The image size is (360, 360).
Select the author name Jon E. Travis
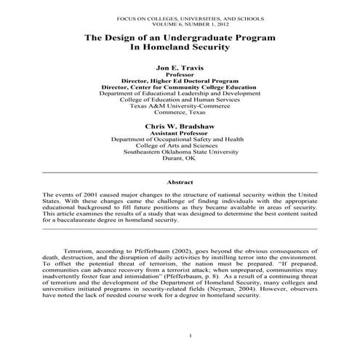pyautogui.click(x=180, y=67)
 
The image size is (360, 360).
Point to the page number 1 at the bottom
pyautogui.click(x=189, y=335)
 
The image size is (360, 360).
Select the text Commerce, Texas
pyautogui.click(x=180, y=113)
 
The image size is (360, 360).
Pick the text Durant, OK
pyautogui.click(x=180, y=159)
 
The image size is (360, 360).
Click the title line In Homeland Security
pyautogui.click(x=180, y=47)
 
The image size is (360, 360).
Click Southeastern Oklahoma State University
pyautogui.click(x=180, y=152)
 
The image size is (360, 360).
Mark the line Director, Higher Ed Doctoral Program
pyautogui.click(x=180, y=80)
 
